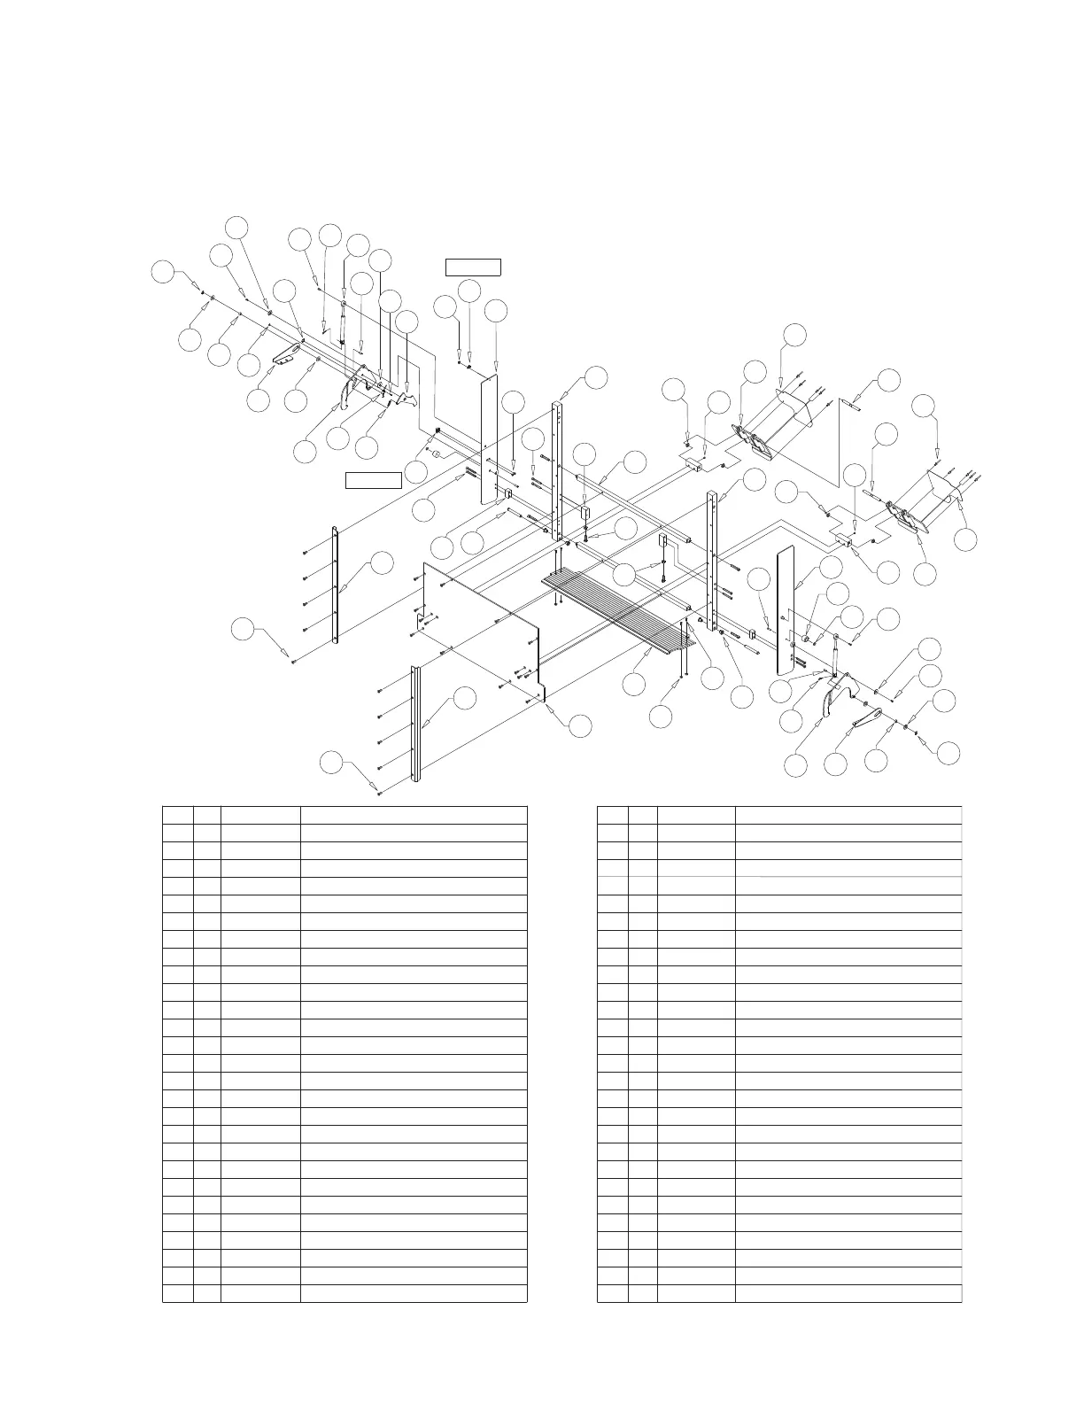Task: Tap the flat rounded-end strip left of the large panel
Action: (336, 585)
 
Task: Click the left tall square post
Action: (557, 469)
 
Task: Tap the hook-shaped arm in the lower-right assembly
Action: (831, 700)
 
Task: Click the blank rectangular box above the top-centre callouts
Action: (473, 267)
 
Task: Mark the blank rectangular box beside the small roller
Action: (373, 481)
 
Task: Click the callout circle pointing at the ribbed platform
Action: (634, 684)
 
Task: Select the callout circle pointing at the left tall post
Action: (596, 376)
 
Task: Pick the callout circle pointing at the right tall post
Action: (754, 480)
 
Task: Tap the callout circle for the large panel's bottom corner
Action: (579, 725)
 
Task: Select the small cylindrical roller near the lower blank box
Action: (437, 453)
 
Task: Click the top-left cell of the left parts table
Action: (178, 815)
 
